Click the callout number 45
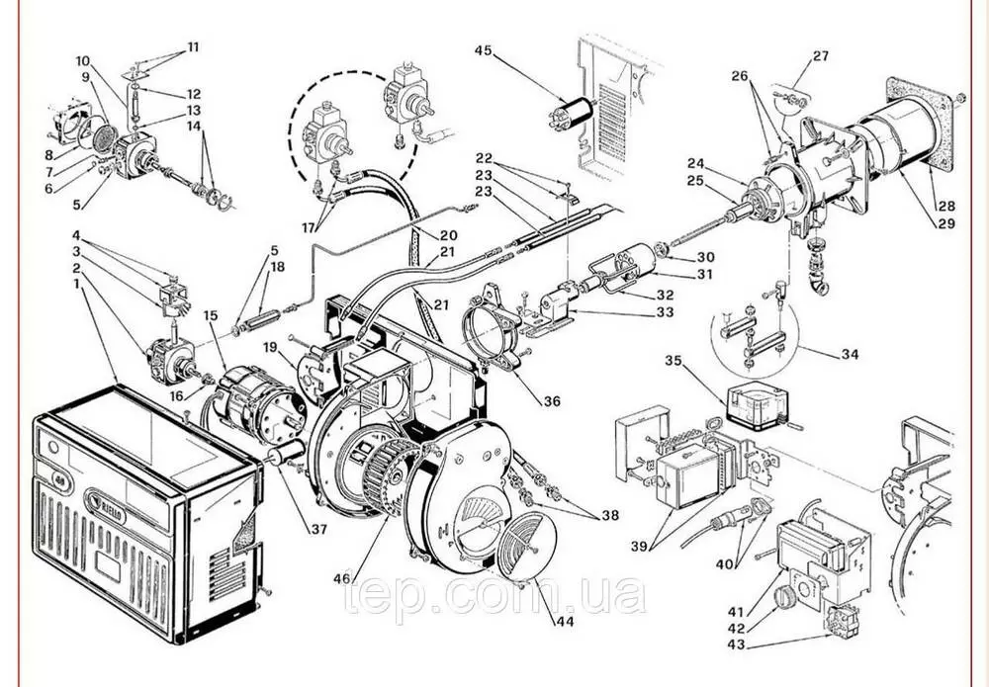tap(483, 49)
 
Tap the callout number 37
tap(318, 530)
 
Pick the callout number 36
tap(551, 400)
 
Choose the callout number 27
tap(821, 56)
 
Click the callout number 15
tap(210, 315)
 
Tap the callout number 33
tap(664, 312)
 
